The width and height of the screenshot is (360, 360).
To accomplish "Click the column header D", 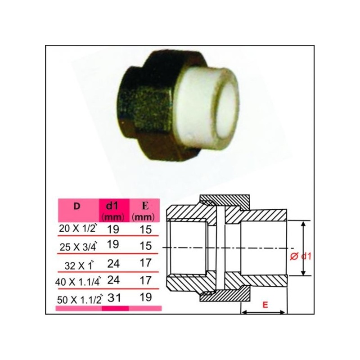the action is click(76, 206).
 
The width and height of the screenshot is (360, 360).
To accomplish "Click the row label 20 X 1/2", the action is click(77, 228).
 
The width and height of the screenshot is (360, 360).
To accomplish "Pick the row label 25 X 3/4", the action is click(78, 247).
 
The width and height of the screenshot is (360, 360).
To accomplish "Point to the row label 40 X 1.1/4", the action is click(78, 282).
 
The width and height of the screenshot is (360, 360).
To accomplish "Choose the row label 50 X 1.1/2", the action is click(80, 299).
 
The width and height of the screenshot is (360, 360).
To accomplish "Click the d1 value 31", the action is click(114, 298).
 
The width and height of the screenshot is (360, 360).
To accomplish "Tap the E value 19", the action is click(146, 297).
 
